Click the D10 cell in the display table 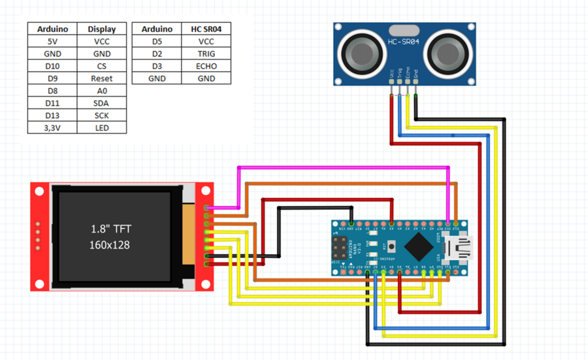click(52, 66)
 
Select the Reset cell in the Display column click(101, 78)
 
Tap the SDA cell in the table click(101, 103)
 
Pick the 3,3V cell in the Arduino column click(52, 128)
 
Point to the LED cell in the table click(101, 128)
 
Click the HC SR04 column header click(206, 29)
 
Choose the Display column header click(101, 29)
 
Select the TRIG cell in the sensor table click(206, 54)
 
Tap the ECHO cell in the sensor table click(206, 66)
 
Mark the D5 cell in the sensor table click(157, 41)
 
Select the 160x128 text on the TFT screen click(109, 244)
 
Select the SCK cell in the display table click(101, 116)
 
